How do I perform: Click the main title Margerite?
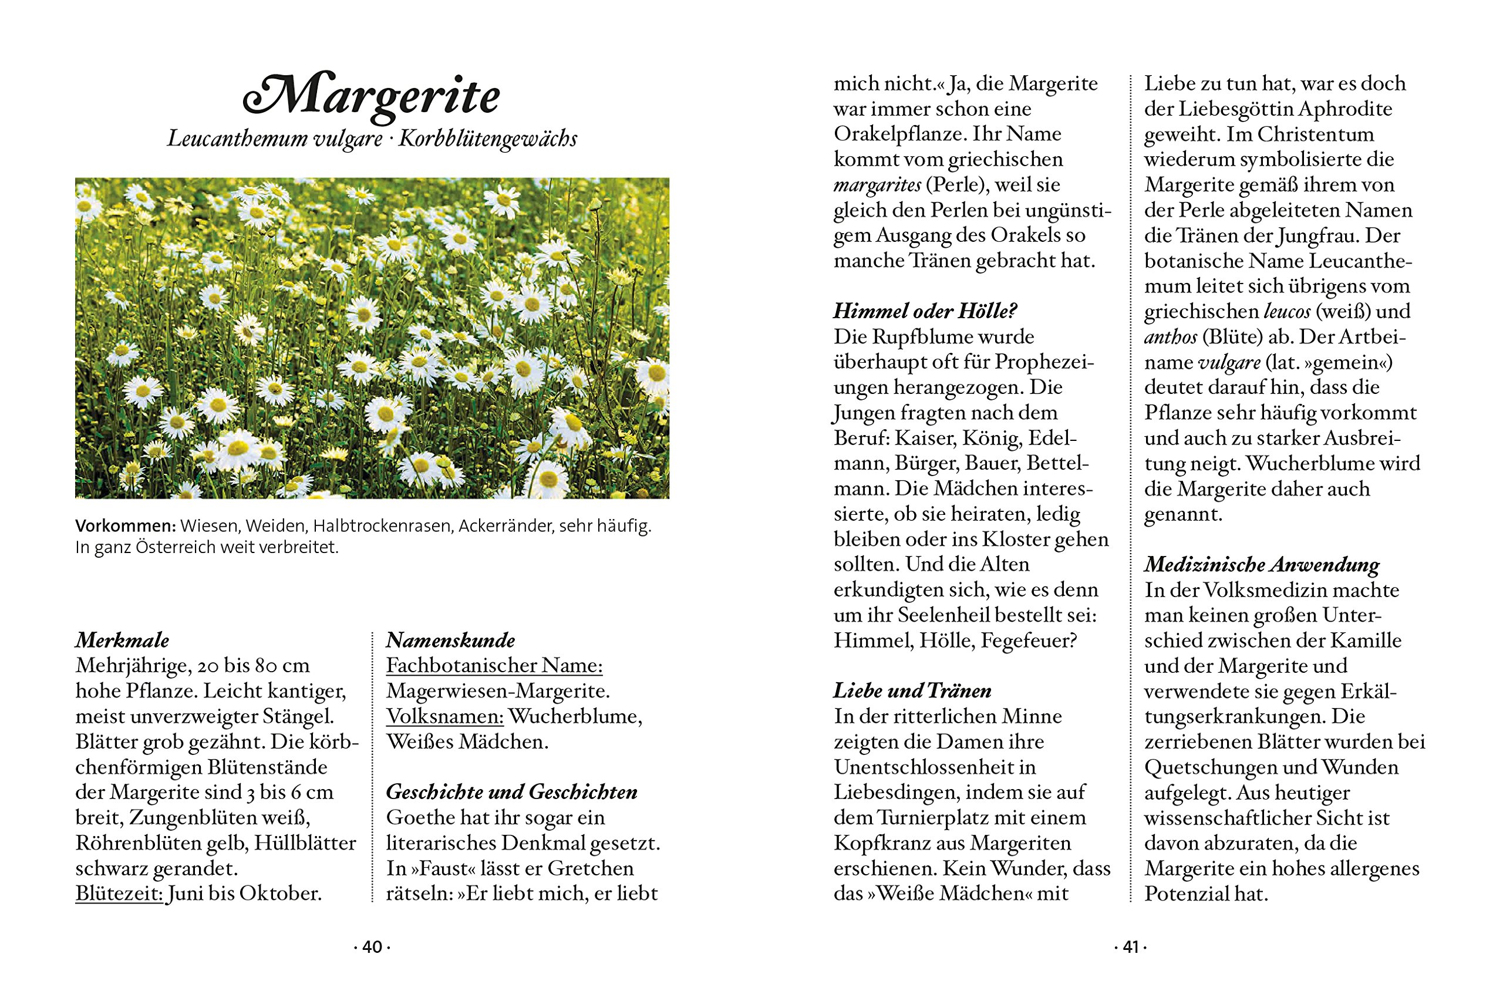[x=372, y=97]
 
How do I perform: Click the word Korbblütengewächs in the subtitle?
[x=487, y=139]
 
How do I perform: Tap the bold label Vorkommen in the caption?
[x=125, y=526]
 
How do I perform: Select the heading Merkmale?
[x=122, y=641]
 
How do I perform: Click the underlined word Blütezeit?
[x=119, y=894]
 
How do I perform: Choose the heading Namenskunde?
[x=450, y=641]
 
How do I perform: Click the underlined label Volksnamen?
[x=445, y=716]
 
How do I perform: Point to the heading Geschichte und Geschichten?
[x=511, y=792]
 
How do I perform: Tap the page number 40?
[x=372, y=948]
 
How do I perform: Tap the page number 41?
[x=1130, y=948]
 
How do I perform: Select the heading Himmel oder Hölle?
[x=925, y=311]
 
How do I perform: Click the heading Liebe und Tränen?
[x=912, y=691]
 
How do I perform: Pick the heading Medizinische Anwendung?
[x=1262, y=564]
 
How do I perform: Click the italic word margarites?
[x=877, y=184]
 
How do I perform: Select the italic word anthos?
[x=1171, y=337]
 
